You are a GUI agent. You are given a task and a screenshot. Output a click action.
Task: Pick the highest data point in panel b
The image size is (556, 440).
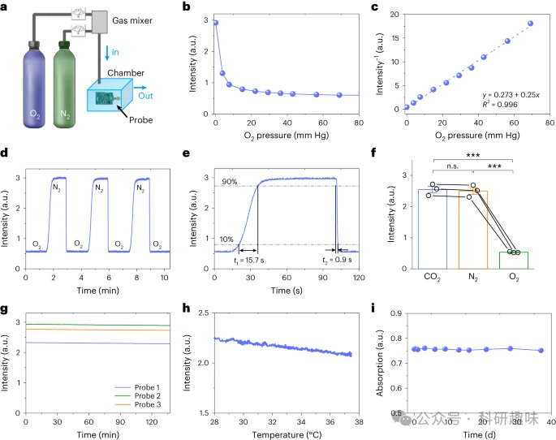pos(215,23)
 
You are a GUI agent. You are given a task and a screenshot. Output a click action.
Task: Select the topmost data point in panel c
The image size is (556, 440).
pos(530,24)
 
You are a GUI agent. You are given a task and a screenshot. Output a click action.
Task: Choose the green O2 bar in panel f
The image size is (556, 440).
pos(513,260)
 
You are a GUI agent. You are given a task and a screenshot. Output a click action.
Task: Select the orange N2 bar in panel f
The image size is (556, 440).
pos(473,230)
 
